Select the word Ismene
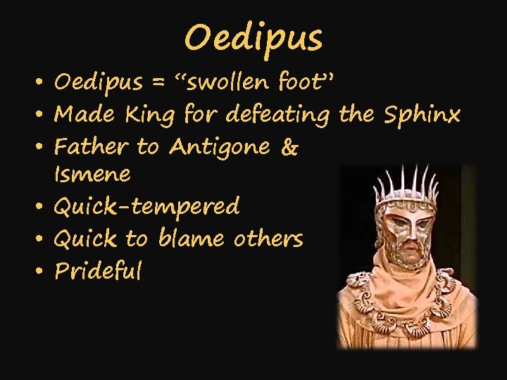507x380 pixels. (92, 173)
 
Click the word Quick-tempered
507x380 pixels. (146, 207)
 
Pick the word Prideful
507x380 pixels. (98, 271)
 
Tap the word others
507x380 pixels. (268, 239)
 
